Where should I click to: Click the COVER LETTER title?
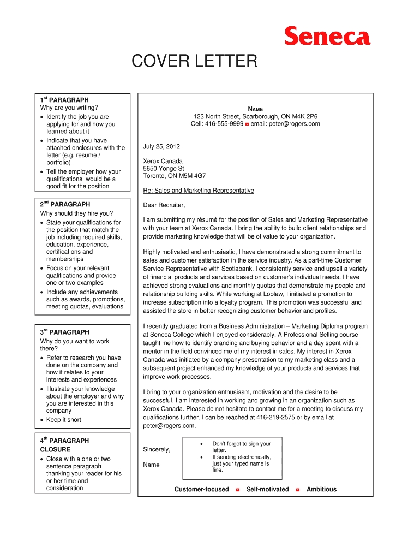tap(194, 61)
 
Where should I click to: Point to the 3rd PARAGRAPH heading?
tap(64, 332)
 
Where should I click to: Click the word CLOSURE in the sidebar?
tap(55, 450)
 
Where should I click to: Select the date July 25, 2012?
tap(161, 147)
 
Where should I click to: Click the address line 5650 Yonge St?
tap(164, 169)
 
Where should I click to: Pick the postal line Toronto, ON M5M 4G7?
tap(175, 176)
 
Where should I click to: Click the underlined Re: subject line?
tap(199, 191)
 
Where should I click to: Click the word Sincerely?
tap(157, 449)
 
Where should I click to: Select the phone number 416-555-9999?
tap(224, 124)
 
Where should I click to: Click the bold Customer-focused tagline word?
tap(201, 489)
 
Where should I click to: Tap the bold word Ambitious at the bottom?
tap(321, 489)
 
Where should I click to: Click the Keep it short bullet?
tap(64, 420)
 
